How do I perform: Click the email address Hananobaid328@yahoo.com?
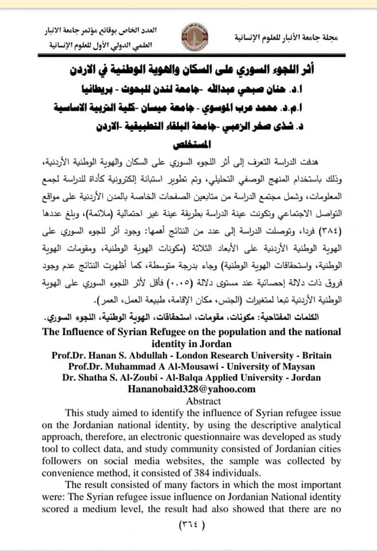188,389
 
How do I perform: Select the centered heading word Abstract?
188,401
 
